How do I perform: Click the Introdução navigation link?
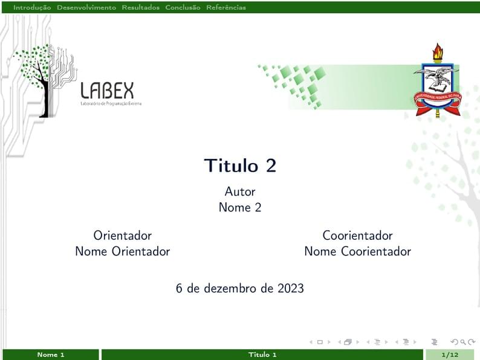32,8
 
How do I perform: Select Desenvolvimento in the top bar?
86,8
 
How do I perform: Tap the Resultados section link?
140,8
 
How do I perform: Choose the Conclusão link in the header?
183,8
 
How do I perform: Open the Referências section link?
226,8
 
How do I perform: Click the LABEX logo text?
108,91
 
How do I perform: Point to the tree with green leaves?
39,72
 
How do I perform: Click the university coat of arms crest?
436,85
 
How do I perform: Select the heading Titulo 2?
240,166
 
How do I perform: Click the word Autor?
240,191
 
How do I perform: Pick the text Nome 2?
240,207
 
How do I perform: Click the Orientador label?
122,236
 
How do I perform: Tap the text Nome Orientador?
122,251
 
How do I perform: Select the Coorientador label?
357,236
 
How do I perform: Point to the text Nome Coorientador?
357,251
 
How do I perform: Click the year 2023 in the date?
291,289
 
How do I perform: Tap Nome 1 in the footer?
51,355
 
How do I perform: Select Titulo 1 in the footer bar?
262,355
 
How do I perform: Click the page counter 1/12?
450,355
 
